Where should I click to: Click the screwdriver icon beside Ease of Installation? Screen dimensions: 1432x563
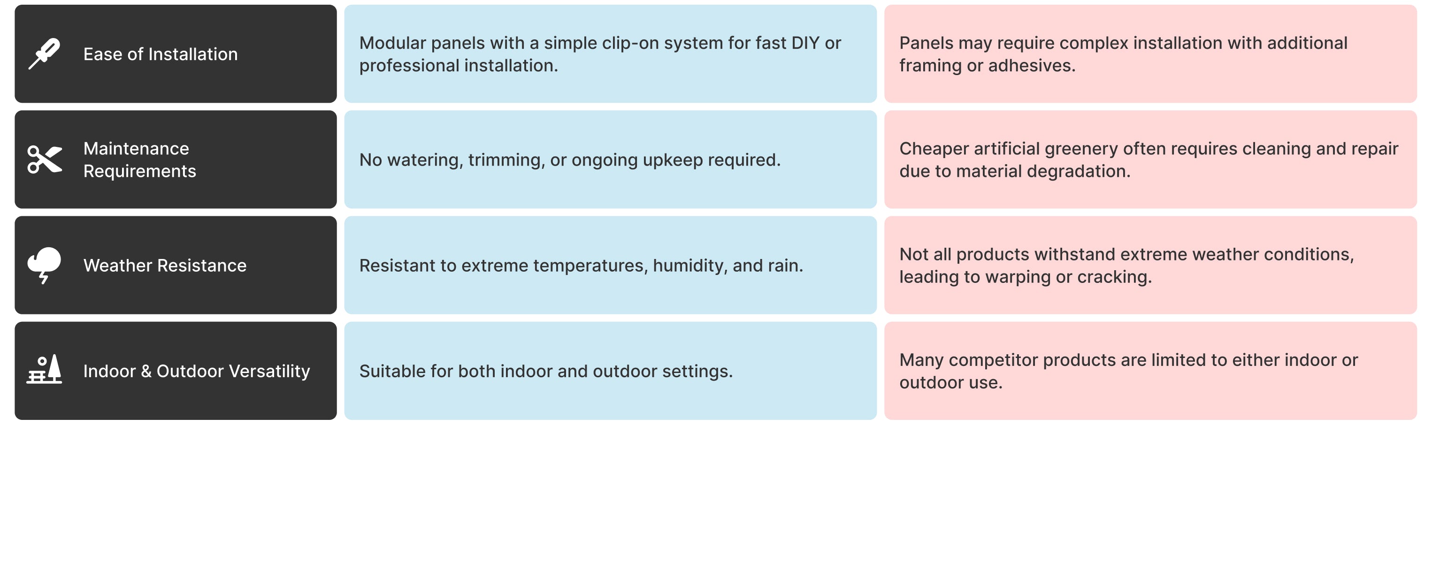(45, 54)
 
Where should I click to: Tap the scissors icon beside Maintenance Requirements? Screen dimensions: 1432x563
(45, 160)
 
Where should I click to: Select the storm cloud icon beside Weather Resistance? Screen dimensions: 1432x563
(45, 265)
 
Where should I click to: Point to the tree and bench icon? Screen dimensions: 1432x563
(45, 370)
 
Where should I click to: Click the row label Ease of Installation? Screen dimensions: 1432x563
(161, 54)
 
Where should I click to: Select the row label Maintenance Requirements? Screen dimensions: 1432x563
(139, 160)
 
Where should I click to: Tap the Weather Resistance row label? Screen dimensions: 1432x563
(165, 265)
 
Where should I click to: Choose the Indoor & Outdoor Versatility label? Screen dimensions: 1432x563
(197, 371)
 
